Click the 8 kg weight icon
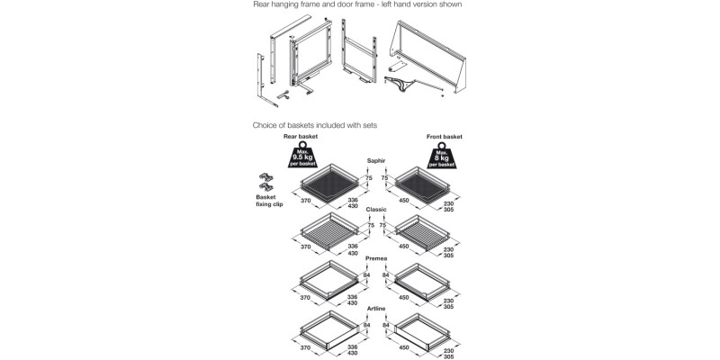coord(445,157)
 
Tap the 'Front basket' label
coord(445,137)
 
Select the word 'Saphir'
coord(377,161)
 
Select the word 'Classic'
coord(377,209)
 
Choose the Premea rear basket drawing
coord(328,281)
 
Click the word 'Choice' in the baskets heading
coord(267,125)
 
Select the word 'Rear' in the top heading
coord(265,4)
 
